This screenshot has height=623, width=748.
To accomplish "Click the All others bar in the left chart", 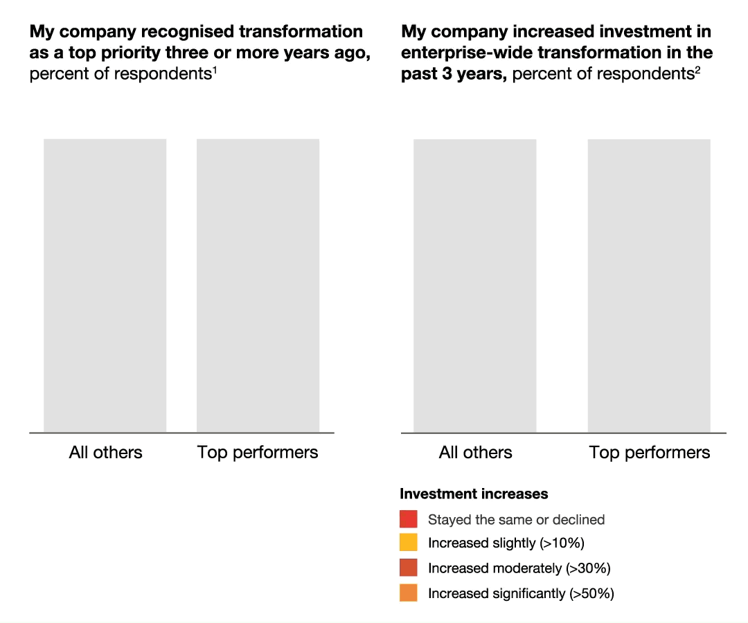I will pos(105,285).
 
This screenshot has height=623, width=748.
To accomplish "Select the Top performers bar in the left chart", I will pos(258,285).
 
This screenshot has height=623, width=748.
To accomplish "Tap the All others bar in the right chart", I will pos(475,285).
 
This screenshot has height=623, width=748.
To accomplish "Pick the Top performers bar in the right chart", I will pos(649,285).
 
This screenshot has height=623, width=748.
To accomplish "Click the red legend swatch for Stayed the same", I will pos(409,519).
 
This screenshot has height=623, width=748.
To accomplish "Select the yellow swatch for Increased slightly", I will pos(409,543).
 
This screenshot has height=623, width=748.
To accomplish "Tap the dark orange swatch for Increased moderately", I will pos(409,568).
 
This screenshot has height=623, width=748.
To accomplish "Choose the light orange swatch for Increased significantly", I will pos(409,593).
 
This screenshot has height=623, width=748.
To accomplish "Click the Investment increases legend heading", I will pos(474,494).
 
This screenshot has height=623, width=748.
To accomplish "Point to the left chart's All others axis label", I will pos(105,453).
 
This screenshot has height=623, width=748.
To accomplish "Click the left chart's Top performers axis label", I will pos(258,453).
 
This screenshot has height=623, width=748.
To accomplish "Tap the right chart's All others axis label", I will pos(475,453).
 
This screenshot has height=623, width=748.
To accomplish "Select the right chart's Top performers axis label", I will pos(649,453).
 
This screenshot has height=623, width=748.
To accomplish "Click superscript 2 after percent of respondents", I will pos(697,70).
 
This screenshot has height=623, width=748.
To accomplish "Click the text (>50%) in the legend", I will pos(591,594).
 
